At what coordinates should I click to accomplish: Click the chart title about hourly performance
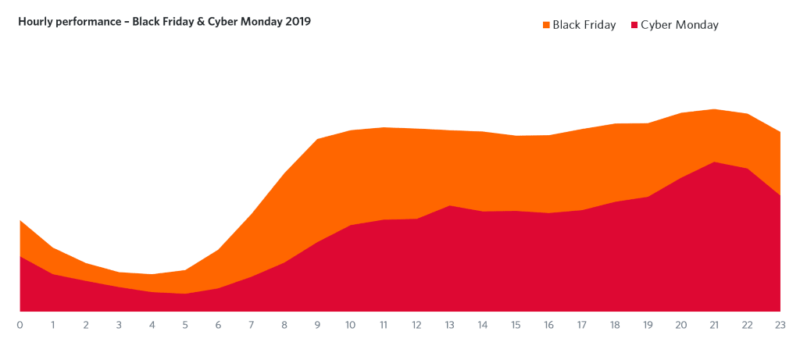[164, 22]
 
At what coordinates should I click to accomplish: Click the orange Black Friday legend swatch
[546, 25]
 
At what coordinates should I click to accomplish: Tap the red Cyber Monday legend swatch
[634, 25]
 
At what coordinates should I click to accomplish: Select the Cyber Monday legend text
[679, 25]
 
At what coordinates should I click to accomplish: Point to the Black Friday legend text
[584, 25]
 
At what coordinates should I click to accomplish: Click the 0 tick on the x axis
[20, 324]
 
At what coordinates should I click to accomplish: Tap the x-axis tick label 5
[185, 324]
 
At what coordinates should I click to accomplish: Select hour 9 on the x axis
[318, 324]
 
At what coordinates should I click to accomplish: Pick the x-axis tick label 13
[449, 324]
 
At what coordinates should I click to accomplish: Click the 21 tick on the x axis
[714, 324]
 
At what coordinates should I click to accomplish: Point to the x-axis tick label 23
[780, 324]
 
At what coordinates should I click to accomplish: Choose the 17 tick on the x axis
[582, 324]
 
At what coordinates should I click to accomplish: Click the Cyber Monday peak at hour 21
[714, 162]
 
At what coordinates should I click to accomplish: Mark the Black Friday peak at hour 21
[714, 109]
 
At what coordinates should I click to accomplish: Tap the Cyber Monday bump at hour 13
[449, 206]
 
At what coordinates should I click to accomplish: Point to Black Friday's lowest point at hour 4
[152, 274]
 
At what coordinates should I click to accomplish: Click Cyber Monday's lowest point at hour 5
[185, 294]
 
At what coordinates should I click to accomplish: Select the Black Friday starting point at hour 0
[20, 221]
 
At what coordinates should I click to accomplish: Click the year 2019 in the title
[297, 22]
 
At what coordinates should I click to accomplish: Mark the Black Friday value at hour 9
[318, 139]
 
